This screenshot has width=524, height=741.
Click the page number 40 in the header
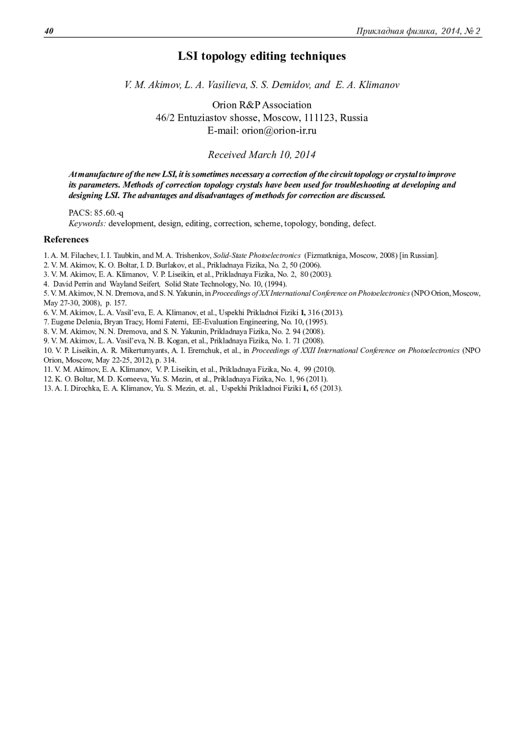[x=48, y=31]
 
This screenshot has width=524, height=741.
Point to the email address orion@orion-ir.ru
[x=279, y=130]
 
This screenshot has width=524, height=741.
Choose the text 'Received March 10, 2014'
[x=262, y=155]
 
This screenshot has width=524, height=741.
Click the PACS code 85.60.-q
[x=109, y=213]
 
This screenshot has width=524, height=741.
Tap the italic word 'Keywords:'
[x=87, y=223]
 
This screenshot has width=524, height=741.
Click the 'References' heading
[x=66, y=240]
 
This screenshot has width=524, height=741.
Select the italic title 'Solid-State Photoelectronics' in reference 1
[x=257, y=255]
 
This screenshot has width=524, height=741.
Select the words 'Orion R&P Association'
[x=262, y=105]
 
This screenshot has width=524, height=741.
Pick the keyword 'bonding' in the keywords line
[x=334, y=223]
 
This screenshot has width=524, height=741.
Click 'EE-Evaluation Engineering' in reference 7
[x=234, y=322]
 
